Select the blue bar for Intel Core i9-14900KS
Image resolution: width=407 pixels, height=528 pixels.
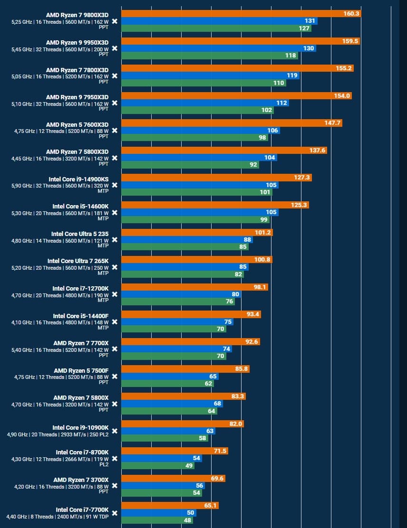coord(200,185)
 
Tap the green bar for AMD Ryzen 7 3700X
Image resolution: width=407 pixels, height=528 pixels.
coord(162,493)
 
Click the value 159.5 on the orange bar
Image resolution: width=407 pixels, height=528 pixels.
coord(350,41)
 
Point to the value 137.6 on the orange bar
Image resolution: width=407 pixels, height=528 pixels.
coord(317,151)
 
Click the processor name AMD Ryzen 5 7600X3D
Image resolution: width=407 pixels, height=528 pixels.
coord(77,124)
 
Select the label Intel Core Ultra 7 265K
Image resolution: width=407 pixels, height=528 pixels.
coord(78,261)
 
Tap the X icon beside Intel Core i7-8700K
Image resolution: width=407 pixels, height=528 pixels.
coord(115,459)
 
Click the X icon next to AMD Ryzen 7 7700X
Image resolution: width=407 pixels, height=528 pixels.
coord(115,349)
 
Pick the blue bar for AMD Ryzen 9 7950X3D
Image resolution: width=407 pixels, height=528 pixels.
coord(205,103)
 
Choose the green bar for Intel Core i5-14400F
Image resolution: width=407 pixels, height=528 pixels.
coord(174,329)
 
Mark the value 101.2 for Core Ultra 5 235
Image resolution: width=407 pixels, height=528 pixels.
coord(263,233)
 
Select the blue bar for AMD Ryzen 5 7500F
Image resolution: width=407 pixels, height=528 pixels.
coord(170,377)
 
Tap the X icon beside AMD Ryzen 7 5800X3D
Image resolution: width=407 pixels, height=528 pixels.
coord(115,158)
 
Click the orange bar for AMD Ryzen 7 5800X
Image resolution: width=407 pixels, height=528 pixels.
coord(184,396)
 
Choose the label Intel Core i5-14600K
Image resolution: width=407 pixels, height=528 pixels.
coord(80,207)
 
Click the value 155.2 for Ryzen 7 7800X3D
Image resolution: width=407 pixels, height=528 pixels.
coord(344,68)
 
